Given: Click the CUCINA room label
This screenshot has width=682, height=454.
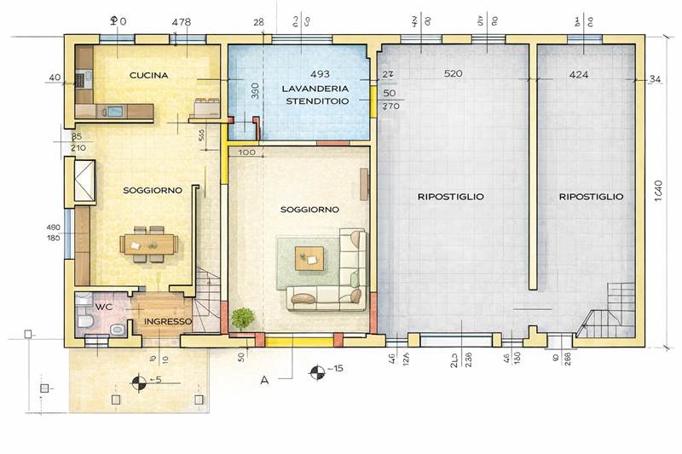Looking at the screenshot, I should [148, 75].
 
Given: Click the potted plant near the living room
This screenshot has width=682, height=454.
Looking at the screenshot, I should [243, 318].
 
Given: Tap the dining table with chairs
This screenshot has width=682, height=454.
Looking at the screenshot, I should [151, 244].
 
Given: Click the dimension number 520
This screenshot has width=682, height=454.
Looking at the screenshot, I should [454, 75].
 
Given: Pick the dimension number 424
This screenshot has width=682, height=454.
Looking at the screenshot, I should [578, 75].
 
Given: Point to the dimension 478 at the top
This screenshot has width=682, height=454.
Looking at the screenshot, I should [182, 21].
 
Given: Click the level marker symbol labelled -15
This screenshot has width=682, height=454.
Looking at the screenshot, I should [317, 371].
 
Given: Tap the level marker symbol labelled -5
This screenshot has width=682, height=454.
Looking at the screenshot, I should [136, 381].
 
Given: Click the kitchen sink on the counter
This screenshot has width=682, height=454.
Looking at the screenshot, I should [114, 109].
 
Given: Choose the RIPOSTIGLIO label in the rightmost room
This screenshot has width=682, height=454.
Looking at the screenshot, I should [591, 196].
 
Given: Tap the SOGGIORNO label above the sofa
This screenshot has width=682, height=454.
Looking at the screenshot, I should [310, 209].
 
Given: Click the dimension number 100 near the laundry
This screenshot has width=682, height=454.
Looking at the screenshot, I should [247, 152].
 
